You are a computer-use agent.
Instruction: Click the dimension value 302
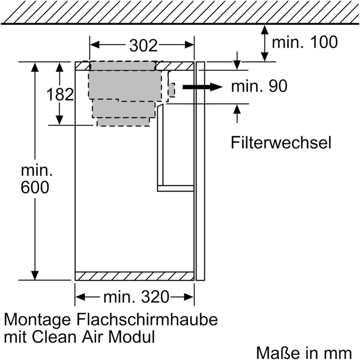[x=143, y=46]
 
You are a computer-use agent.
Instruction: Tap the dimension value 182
[x=60, y=95]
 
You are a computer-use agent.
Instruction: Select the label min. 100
[x=305, y=42]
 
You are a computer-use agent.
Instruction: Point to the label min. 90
[x=259, y=87]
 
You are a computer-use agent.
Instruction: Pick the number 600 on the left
[x=35, y=188]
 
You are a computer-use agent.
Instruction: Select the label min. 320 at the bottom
[x=136, y=297]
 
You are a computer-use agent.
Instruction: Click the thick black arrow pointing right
[x=202, y=87]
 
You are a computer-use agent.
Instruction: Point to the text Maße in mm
[x=304, y=352]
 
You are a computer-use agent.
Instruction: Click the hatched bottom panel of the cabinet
[x=134, y=276]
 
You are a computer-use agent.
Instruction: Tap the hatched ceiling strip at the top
[x=180, y=12]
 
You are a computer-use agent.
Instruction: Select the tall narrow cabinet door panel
[x=200, y=171]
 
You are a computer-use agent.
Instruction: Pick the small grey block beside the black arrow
[x=172, y=90]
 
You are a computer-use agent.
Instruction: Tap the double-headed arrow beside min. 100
[x=265, y=43]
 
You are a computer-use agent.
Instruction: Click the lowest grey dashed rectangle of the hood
[x=123, y=122]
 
